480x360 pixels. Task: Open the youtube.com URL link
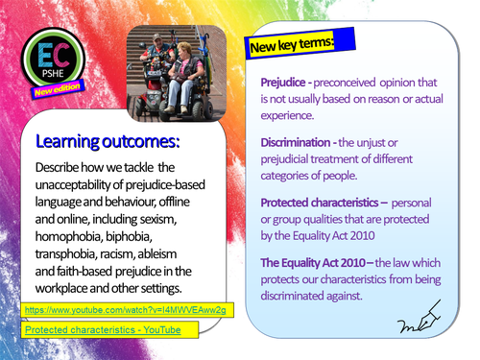[x=125, y=311]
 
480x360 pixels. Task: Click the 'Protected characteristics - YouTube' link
[x=103, y=329]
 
